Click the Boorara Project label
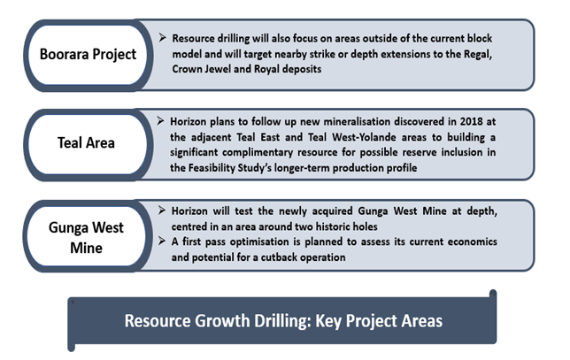tap(88, 55)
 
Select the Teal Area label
tap(86, 142)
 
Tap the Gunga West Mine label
tap(86, 238)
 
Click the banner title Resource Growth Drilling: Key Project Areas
tap(283, 321)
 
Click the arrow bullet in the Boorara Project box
tap(163, 37)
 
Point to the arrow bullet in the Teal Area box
tap(160, 121)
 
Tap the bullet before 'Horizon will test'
tap(162, 211)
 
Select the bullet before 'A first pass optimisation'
tap(162, 241)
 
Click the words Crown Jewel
tap(202, 69)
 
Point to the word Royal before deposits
tap(266, 69)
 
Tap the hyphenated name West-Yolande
tap(365, 137)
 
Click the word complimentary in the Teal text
tap(258, 152)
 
